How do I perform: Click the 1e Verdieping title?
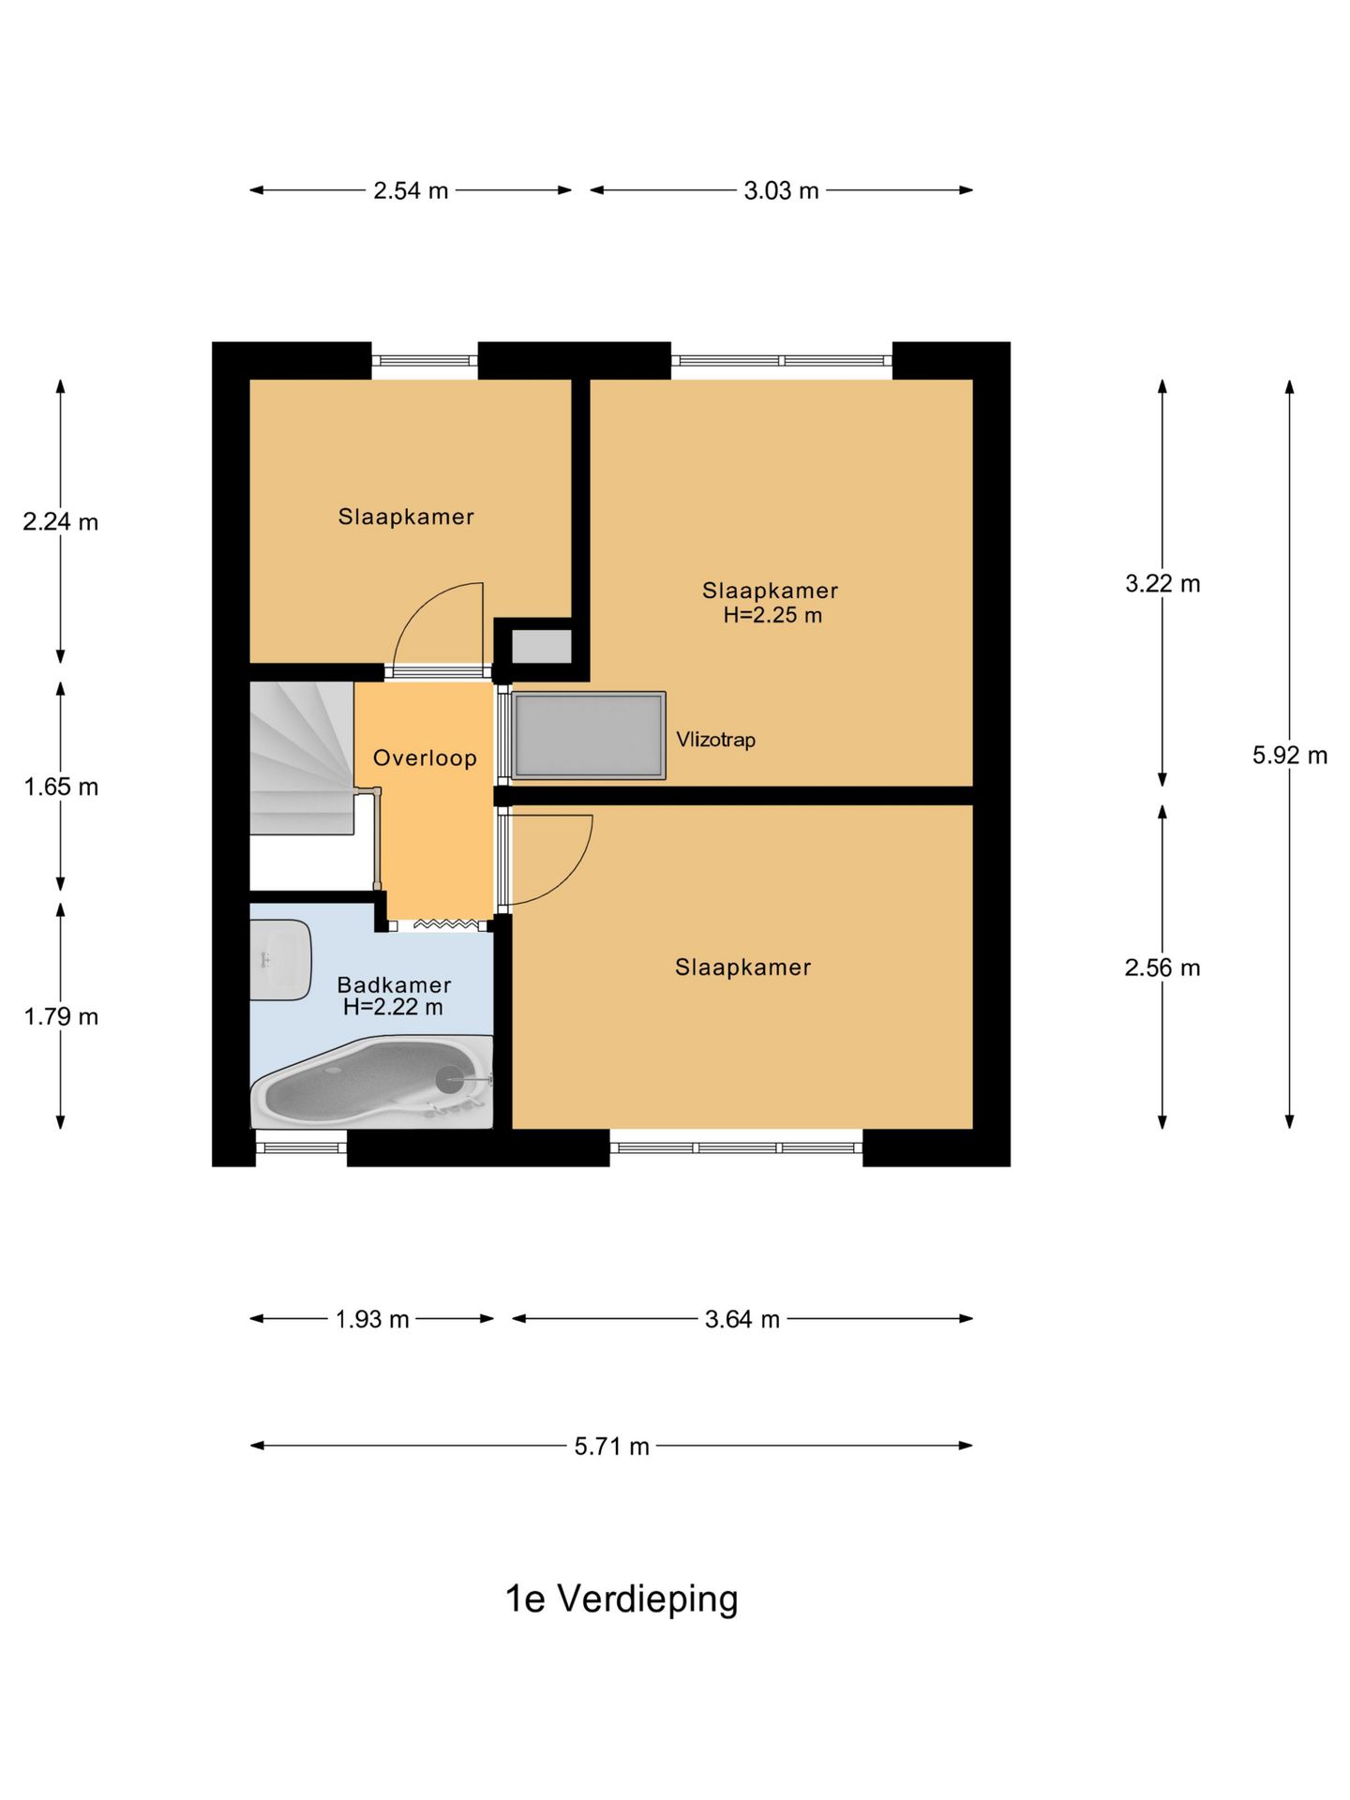point(622,1599)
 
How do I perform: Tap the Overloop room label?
point(425,757)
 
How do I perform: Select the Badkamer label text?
point(394,984)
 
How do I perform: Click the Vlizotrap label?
point(715,740)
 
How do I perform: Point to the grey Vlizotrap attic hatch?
point(589,736)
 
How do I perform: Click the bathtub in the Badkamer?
point(372,1082)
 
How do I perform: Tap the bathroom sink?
point(280,959)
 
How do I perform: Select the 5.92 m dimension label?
point(1290,755)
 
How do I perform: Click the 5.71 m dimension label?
point(612,1447)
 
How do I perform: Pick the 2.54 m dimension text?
point(411,191)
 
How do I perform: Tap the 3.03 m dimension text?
point(781,191)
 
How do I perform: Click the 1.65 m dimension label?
point(61,787)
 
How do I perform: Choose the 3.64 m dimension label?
point(742,1320)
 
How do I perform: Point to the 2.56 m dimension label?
point(1162,967)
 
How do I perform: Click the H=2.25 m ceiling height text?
point(772,615)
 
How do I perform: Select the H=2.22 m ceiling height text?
point(393,1007)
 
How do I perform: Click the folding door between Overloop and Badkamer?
point(445,925)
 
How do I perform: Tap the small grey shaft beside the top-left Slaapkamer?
point(542,646)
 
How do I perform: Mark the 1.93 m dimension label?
point(372,1320)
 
